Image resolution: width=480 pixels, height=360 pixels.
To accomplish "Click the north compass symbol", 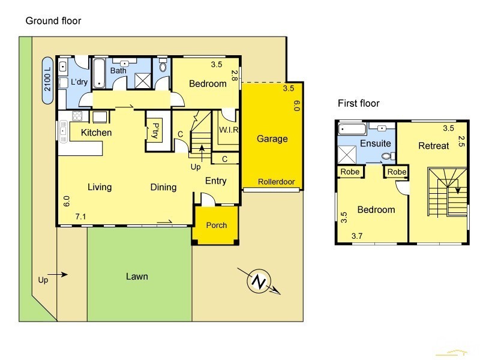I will (259, 281).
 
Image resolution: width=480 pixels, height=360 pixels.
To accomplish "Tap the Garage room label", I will (272, 139).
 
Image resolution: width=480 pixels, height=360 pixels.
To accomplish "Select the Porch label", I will (216, 226).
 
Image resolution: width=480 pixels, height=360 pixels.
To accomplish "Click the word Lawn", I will (137, 277).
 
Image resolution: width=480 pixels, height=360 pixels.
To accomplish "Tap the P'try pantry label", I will (155, 130).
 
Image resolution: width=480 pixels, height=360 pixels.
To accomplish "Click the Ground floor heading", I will (53, 21).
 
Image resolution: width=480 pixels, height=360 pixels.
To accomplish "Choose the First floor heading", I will (359, 104).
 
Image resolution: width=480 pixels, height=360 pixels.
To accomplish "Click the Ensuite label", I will (375, 143).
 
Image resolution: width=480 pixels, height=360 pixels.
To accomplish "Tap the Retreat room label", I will (433, 146).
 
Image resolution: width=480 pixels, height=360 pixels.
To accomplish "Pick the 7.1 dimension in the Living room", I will (81, 217).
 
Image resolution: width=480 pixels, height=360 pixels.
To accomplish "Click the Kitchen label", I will (96, 133).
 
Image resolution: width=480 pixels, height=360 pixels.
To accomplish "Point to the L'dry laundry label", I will (79, 82).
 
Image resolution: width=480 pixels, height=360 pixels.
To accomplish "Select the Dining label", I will (163, 187).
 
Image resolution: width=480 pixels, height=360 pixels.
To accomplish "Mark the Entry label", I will (216, 181).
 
